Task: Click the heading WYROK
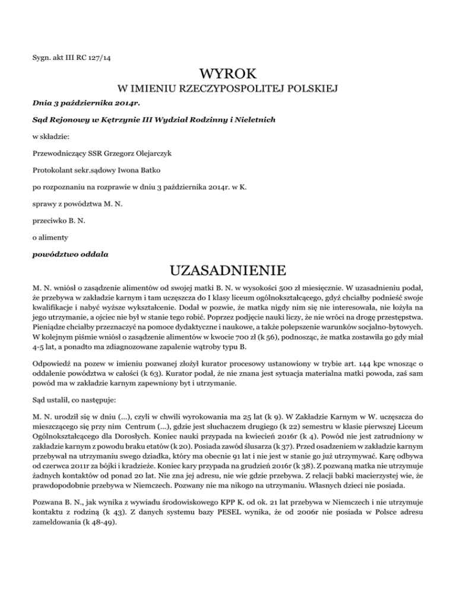[228, 75]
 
